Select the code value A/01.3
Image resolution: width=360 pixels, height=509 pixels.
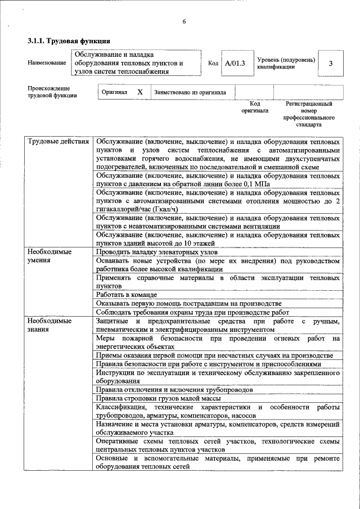(235, 63)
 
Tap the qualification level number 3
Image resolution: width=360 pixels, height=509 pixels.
(331, 63)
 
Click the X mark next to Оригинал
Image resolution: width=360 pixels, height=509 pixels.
(140, 92)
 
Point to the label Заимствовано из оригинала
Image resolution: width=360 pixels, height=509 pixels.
(190, 92)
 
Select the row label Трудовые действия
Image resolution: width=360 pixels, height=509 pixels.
(58, 142)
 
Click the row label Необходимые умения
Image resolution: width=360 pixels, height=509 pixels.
(50, 256)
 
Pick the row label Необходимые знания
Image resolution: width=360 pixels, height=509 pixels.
(50, 325)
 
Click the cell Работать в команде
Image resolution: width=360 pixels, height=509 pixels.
(126, 295)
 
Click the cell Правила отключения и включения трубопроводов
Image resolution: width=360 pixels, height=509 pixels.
(174, 389)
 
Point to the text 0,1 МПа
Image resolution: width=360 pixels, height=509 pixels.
(256, 184)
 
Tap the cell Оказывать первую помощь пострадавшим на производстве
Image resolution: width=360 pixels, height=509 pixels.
(188, 303)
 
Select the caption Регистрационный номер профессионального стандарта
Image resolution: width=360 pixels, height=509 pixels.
(309, 114)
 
